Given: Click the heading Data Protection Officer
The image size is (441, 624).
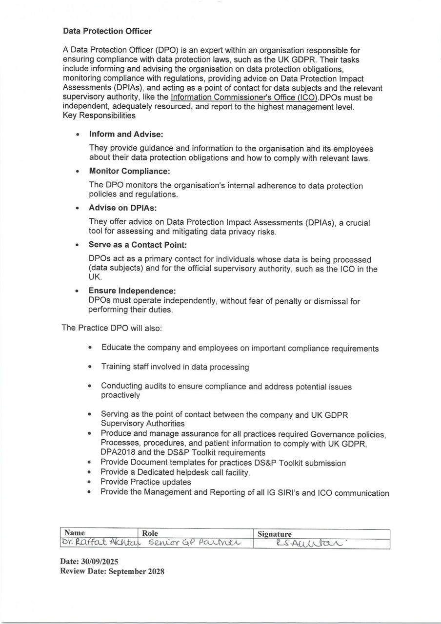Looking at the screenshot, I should (107, 31).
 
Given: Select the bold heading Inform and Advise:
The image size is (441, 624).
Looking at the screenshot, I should (126, 134).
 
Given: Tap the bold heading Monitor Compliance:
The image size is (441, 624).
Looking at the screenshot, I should (129, 171).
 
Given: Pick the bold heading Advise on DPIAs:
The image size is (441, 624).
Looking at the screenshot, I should (122, 208).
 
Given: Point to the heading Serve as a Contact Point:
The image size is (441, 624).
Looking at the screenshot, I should (138, 245).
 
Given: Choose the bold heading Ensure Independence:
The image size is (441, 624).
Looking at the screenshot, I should (132, 291).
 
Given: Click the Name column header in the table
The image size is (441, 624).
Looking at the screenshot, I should (75, 533).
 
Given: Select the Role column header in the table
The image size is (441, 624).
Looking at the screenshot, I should (150, 533).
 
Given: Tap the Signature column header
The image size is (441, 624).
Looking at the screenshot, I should (275, 534).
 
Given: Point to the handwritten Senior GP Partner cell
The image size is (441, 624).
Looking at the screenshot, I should (194, 543).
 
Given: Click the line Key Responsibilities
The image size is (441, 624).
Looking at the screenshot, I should (99, 116).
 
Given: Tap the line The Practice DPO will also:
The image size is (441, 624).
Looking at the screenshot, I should (111, 328).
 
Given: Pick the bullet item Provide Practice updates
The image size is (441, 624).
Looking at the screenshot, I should (146, 482).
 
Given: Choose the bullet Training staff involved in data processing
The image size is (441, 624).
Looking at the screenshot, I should (175, 367).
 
